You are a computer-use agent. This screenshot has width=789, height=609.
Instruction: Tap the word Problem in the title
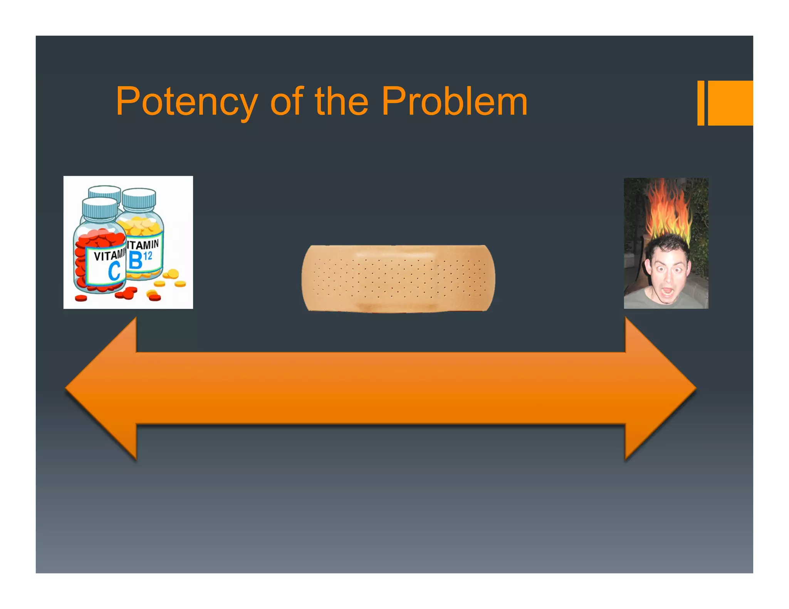(x=454, y=101)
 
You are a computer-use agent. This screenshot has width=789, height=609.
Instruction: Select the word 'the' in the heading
(x=341, y=101)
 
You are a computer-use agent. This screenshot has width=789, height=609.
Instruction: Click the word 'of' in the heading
(x=287, y=101)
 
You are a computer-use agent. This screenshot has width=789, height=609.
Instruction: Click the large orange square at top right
(x=730, y=103)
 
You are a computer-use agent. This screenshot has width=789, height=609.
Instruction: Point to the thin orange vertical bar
(x=701, y=103)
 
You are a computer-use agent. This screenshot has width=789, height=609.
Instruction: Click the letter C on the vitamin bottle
(x=114, y=271)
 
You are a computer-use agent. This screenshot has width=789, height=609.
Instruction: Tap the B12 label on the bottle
(x=141, y=259)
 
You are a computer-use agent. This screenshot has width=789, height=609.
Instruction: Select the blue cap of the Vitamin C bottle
(x=100, y=208)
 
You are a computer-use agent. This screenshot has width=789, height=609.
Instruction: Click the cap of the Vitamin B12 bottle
(x=139, y=198)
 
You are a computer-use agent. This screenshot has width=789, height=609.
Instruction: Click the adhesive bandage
(x=398, y=278)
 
